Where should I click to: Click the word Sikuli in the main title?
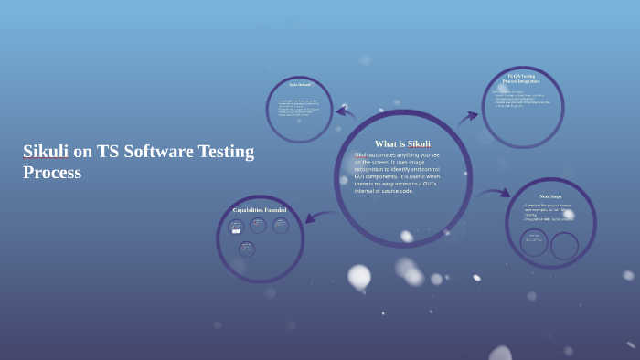pos(46,152)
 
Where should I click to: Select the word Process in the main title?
pos(52,172)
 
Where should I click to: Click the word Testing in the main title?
pos(220,152)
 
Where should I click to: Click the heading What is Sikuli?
pos(401,143)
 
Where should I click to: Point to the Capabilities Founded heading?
pos(260,210)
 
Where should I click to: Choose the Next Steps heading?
pos(549,196)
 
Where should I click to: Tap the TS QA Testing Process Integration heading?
pos(521,79)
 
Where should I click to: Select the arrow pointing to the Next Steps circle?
pos(495,194)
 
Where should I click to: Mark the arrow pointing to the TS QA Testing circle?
pos(467,117)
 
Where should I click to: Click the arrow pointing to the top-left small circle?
pos(345,113)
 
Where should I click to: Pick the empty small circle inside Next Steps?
pos(564,246)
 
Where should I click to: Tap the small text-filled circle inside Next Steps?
pos(534,241)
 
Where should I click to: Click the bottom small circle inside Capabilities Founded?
pos(247,249)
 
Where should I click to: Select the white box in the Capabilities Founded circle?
pos(236,231)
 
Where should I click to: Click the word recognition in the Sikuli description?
pos(374,169)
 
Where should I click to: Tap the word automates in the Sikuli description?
pos(388,154)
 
